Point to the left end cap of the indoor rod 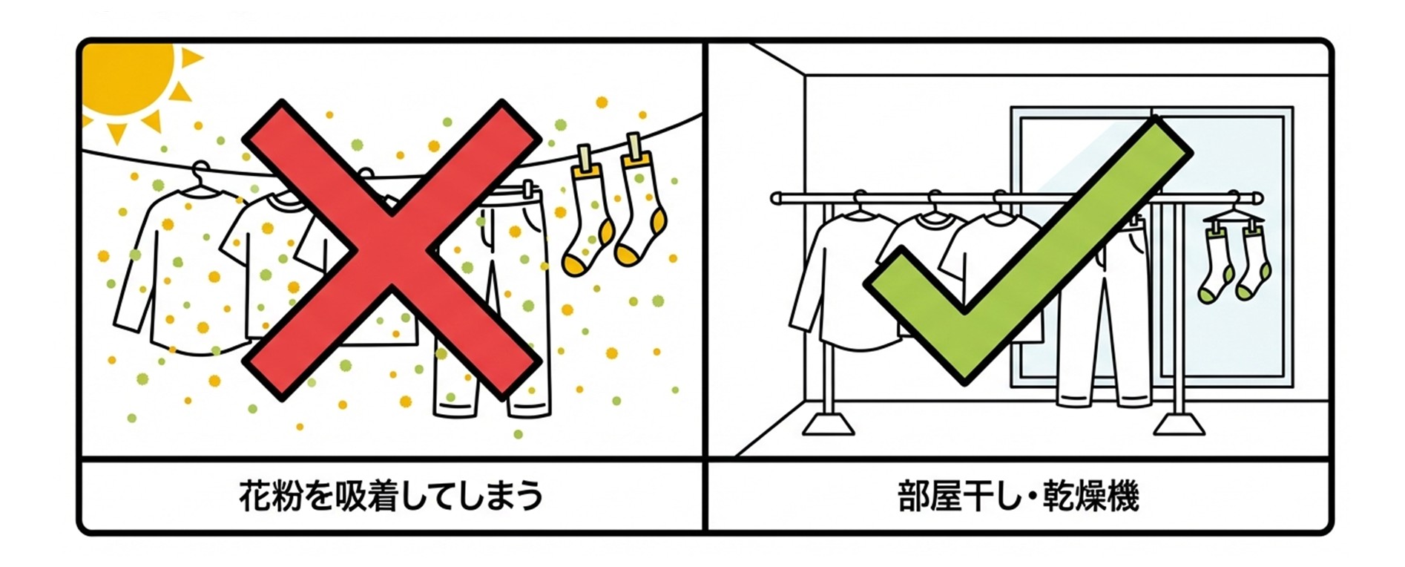pos(776,198)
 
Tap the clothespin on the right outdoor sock pos(635,149)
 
